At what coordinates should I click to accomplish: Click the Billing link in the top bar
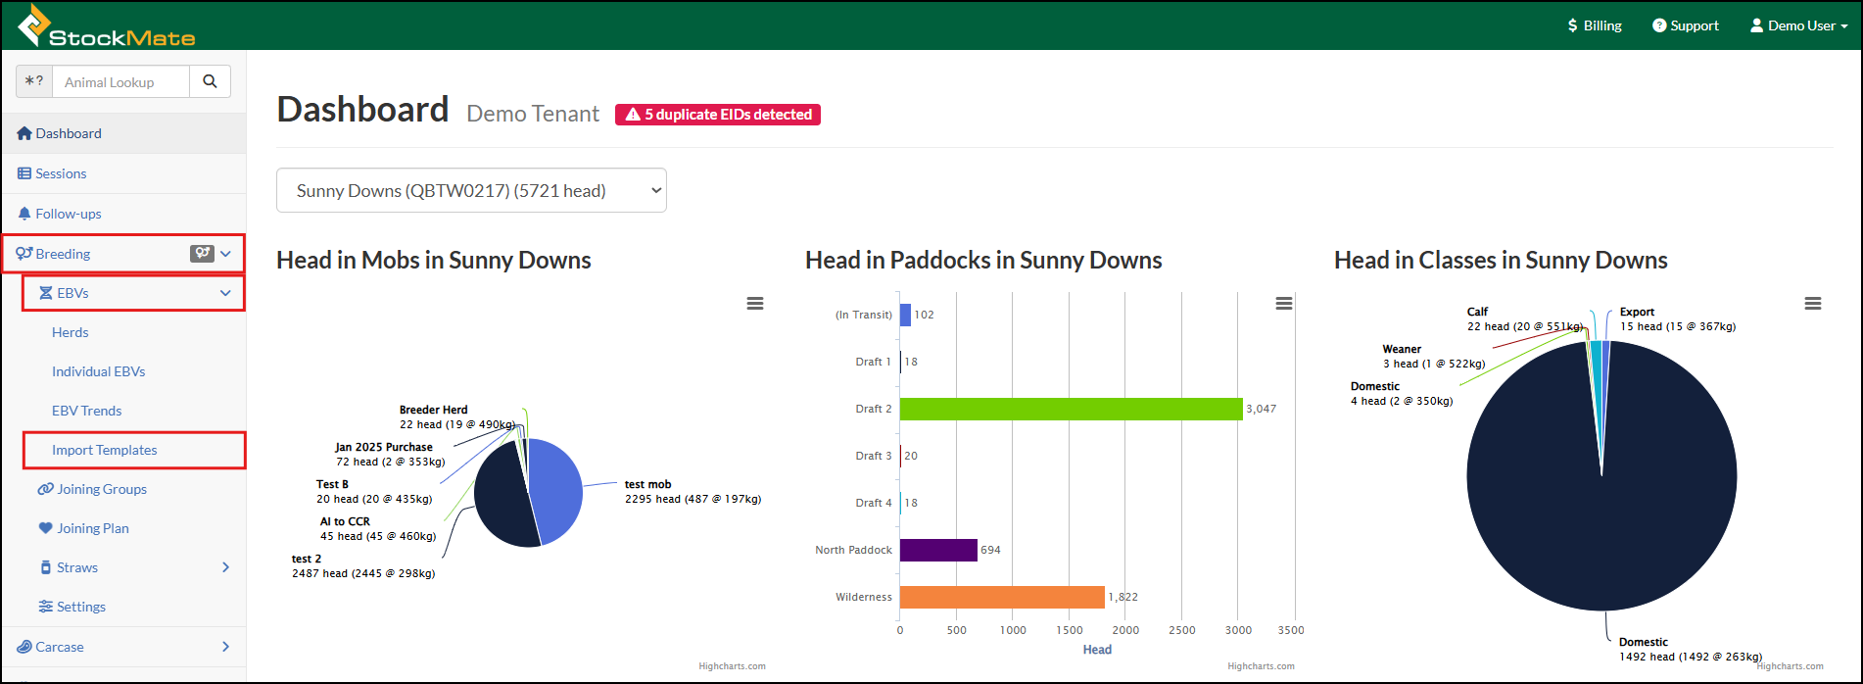click(1595, 25)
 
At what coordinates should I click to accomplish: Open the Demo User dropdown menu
click(1798, 25)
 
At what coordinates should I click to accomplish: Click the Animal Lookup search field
click(120, 82)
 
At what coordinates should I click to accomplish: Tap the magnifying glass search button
click(210, 82)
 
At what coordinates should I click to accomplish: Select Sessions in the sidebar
click(52, 173)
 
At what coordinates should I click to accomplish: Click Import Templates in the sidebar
click(105, 450)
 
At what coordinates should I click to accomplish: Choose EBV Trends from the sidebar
click(87, 411)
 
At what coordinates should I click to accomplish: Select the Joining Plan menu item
click(83, 528)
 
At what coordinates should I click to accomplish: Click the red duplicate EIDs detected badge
click(718, 115)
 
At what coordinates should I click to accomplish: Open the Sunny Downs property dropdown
click(471, 190)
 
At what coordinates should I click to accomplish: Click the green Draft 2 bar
click(1071, 409)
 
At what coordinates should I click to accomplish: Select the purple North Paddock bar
click(938, 550)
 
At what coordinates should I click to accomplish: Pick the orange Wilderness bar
click(1002, 597)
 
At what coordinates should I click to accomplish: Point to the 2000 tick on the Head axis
click(1125, 630)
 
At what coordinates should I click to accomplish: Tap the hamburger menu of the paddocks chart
click(1284, 304)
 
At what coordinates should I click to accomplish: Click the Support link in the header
click(1686, 25)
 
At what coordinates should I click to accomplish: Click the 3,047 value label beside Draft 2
click(1262, 409)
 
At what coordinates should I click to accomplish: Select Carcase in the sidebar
click(50, 647)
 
